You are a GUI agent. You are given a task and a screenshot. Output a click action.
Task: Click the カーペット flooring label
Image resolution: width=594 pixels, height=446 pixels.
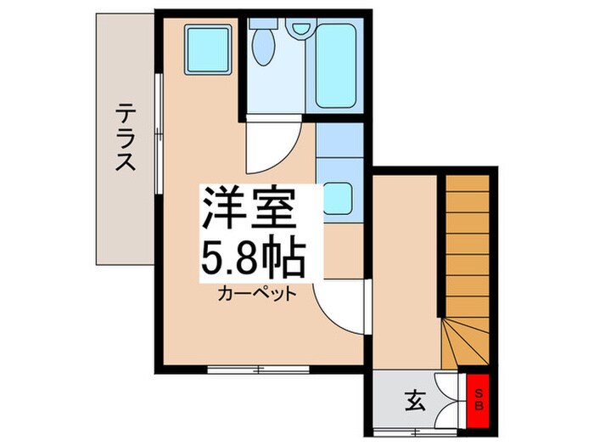click(257, 295)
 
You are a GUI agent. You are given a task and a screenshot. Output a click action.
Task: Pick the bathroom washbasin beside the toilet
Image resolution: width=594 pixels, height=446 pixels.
click(300, 27)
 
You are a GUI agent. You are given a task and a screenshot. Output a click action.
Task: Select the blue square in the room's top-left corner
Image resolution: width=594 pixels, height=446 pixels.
click(208, 48)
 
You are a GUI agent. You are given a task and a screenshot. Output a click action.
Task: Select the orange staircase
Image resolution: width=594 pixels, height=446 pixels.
click(468, 255)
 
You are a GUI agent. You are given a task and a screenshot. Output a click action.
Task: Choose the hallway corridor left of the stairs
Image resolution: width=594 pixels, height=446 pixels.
click(405, 272)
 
